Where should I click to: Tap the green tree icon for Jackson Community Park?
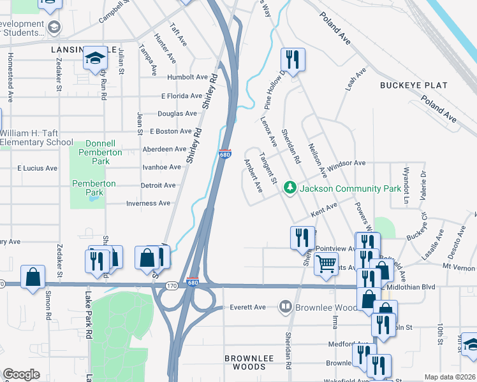point(290,188)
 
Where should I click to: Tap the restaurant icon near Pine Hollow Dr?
point(292,59)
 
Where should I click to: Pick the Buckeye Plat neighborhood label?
point(407,85)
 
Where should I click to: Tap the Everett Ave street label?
point(247,307)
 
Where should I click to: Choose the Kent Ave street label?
point(323,209)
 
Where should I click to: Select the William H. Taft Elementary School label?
point(36,138)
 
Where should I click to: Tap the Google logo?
point(21,374)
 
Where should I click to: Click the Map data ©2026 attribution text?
point(450,377)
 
